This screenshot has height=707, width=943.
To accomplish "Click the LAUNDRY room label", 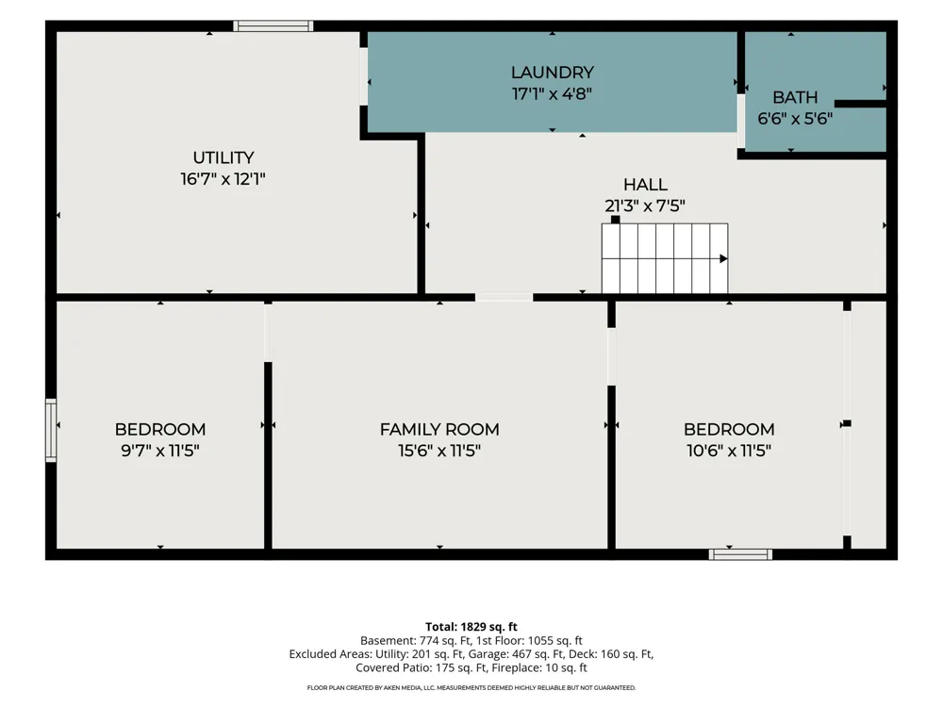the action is [x=552, y=73].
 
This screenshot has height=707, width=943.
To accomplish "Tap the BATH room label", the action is [x=794, y=97].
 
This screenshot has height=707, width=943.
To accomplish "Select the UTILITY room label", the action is [x=223, y=157].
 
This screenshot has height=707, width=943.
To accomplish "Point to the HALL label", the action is [x=645, y=185].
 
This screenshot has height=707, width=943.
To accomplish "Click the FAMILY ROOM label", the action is [x=439, y=429].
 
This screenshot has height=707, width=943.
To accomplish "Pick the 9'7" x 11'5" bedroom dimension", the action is [x=160, y=451].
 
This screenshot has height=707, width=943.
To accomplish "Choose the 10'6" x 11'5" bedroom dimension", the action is [x=729, y=451].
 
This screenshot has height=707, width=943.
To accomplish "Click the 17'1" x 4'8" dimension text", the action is [x=552, y=93].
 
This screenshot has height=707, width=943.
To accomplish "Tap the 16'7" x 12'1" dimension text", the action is [x=223, y=179].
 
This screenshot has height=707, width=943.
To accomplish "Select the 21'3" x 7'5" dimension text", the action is [x=645, y=206].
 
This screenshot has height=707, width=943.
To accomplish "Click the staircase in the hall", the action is [x=665, y=258].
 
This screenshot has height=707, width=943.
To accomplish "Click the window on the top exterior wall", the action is [x=273, y=25].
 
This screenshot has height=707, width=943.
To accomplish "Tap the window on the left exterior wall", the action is [x=51, y=431].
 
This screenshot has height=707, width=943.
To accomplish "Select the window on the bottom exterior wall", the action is [x=740, y=554].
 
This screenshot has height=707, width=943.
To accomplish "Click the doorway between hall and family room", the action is [x=504, y=297].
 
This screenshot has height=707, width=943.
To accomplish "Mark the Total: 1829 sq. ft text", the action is [x=471, y=627].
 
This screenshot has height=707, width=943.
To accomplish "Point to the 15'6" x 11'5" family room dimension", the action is [x=439, y=451].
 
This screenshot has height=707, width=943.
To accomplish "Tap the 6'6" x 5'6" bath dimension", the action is [x=794, y=119].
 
